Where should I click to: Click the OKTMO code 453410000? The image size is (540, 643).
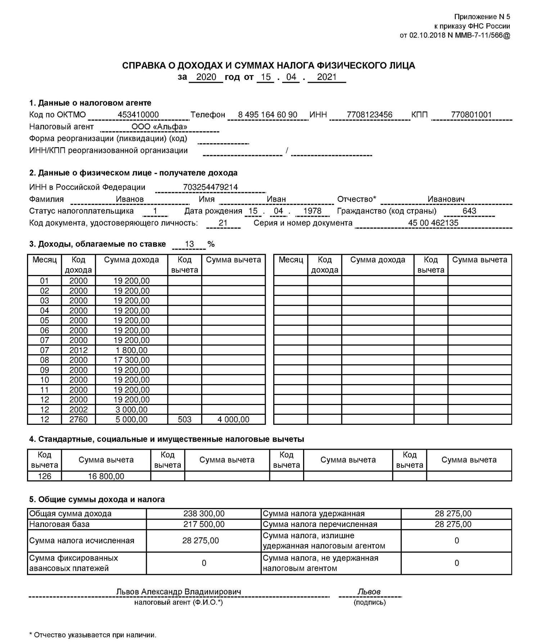[x=138, y=115]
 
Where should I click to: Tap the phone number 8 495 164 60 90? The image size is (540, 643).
[x=267, y=115]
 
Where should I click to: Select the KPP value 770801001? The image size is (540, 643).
[x=471, y=115]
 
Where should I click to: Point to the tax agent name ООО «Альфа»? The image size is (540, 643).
[x=159, y=127]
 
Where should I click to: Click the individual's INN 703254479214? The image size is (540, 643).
[x=210, y=187]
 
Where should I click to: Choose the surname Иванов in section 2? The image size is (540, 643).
[x=130, y=199]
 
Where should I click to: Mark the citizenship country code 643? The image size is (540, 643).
[x=469, y=211]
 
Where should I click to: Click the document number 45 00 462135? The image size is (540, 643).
[x=433, y=223]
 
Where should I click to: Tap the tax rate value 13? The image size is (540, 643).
[x=189, y=244]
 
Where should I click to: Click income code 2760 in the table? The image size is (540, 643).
[x=78, y=419]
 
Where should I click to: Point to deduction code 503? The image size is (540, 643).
[x=185, y=419]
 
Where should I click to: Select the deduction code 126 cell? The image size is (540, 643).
[x=45, y=476]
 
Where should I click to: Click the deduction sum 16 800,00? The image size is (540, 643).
[x=106, y=476]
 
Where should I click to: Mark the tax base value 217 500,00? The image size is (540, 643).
[x=204, y=524]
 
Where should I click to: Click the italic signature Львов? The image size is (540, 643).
[x=369, y=592]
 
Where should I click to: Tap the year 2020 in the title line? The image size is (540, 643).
[x=206, y=77]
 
